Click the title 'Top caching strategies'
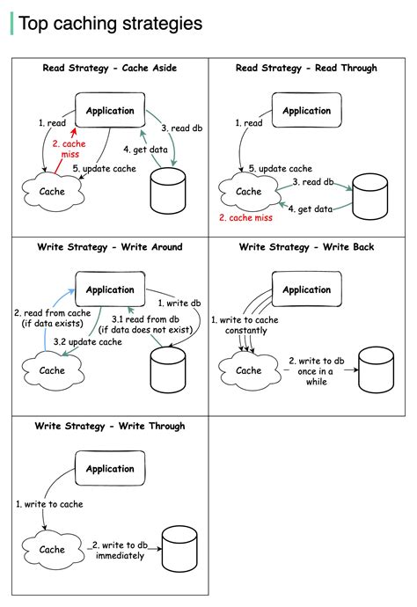click(x=110, y=23)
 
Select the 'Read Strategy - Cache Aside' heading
click(x=109, y=68)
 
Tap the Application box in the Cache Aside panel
click(x=110, y=111)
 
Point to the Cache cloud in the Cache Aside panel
click(x=52, y=191)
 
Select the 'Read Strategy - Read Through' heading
click(x=306, y=68)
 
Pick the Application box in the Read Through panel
click(x=306, y=111)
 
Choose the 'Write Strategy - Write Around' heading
click(x=109, y=247)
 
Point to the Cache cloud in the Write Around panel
click(x=52, y=370)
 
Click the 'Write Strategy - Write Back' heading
click(x=306, y=247)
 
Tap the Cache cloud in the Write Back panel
click(x=249, y=370)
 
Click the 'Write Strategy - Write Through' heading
click(x=109, y=427)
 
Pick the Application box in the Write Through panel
click(x=110, y=469)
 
